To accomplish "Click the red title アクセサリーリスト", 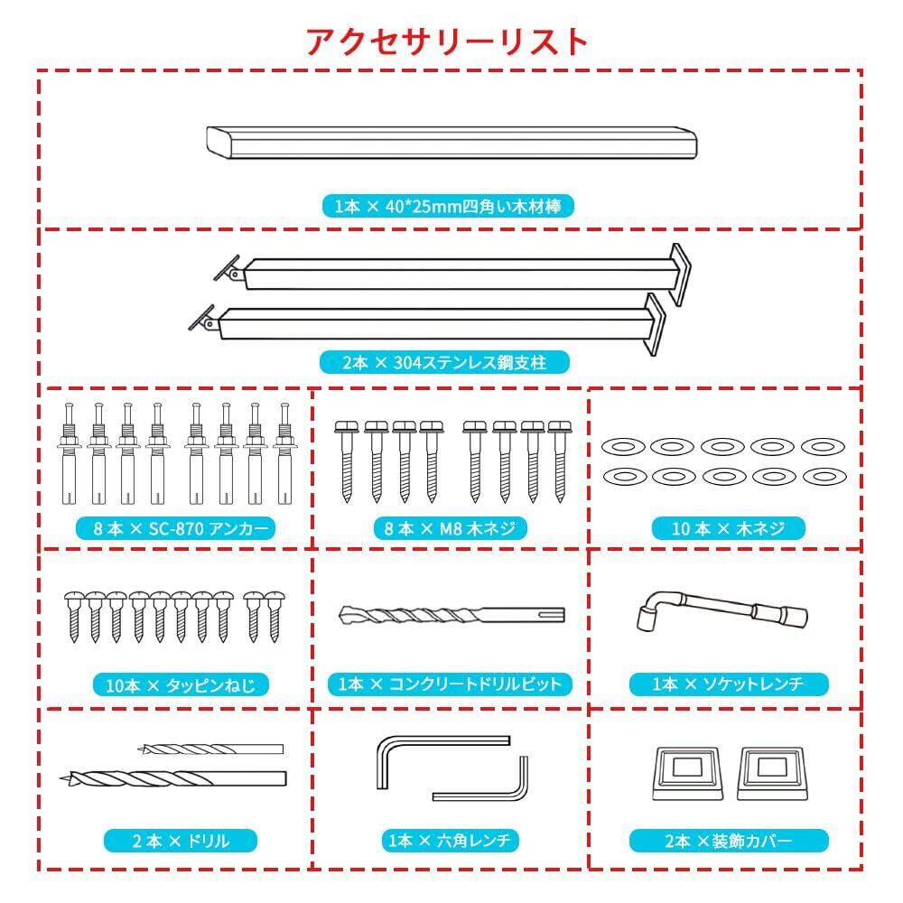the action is pos(448,42).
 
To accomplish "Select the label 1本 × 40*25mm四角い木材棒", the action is pos(448,207).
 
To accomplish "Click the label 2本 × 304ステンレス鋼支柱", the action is pos(445,363).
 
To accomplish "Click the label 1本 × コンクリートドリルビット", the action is pos(450,684).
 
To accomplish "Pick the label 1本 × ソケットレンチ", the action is pos(728,684).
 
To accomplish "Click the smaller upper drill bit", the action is pos(213,749).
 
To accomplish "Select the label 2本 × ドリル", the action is pos(181,842).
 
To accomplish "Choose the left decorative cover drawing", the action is pos(685,772).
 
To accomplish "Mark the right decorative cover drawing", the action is pos(773,772).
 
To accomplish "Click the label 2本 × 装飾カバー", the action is pos(728,842).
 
